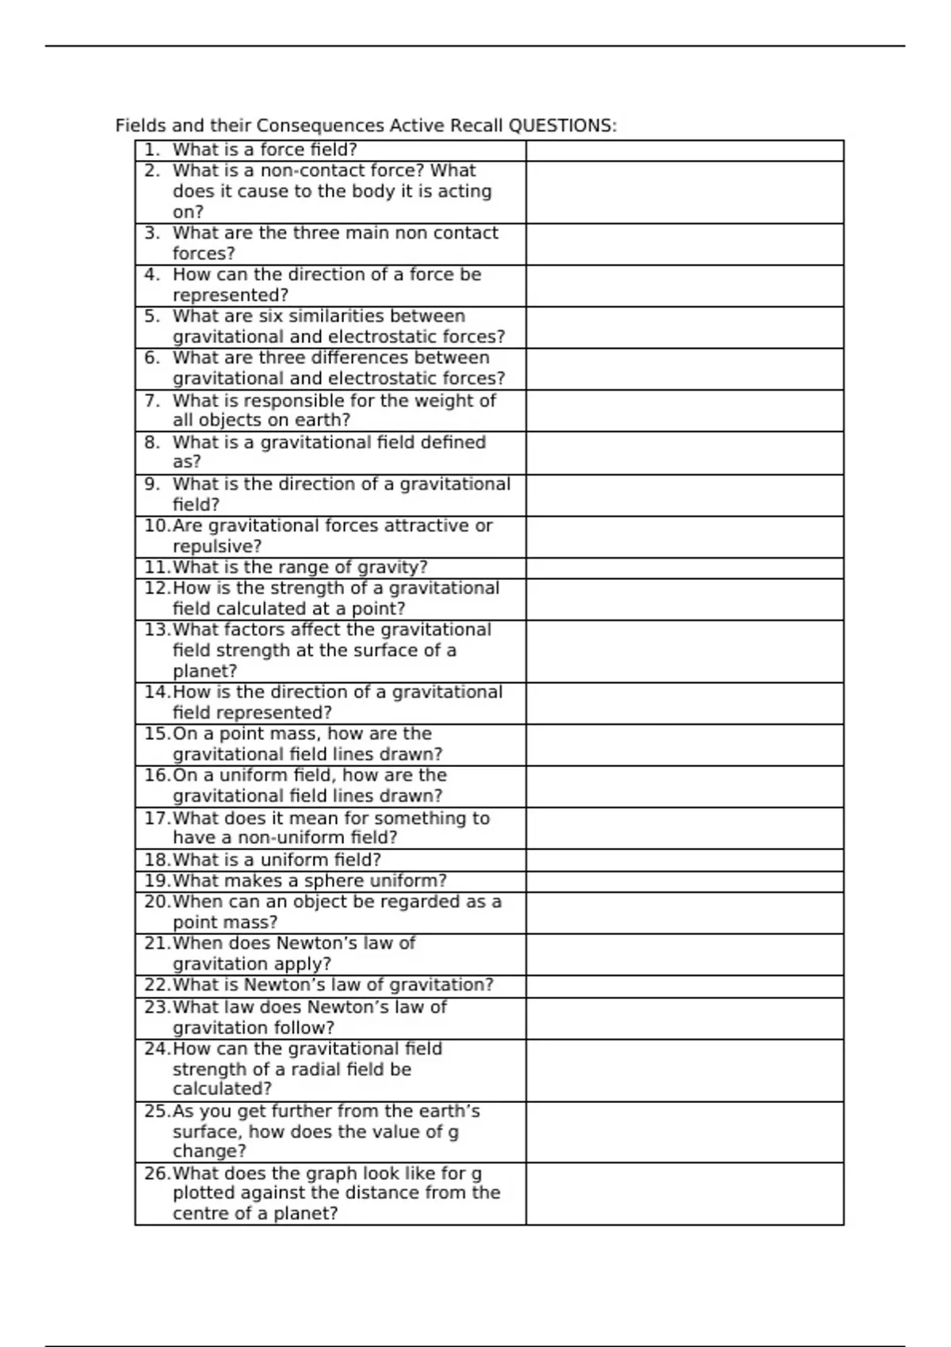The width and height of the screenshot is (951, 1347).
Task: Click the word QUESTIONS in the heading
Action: pyautogui.click(x=561, y=126)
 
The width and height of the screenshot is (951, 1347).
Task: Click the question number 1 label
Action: pyautogui.click(x=152, y=150)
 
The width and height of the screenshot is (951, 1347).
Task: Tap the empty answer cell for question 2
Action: pyautogui.click(x=685, y=192)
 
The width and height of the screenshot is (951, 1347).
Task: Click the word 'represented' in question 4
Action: pyautogui.click(x=229, y=296)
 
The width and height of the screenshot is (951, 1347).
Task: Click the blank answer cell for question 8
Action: pyautogui.click(x=685, y=452)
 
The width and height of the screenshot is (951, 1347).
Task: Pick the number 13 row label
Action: pyautogui.click(x=157, y=630)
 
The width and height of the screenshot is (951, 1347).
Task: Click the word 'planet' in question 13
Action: pyautogui.click(x=203, y=671)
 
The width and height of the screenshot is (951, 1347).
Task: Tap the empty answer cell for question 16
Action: pyautogui.click(x=685, y=786)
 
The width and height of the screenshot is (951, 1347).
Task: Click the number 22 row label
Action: pyautogui.click(x=157, y=985)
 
